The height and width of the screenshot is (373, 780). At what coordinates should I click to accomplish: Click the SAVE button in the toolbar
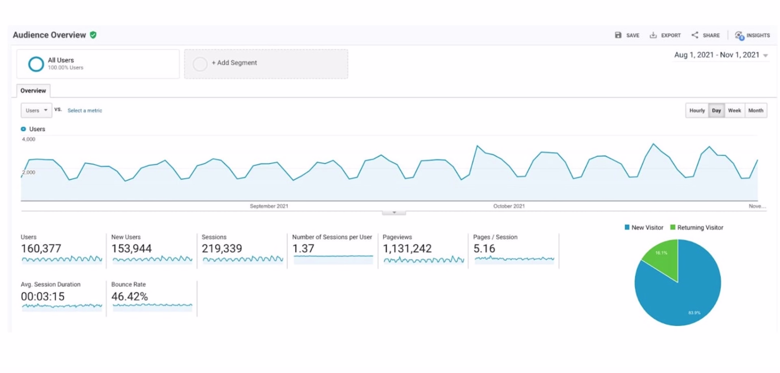tap(627, 35)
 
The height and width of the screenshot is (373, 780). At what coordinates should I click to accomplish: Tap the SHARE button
tap(705, 35)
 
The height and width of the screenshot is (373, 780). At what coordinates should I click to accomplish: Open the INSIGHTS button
tap(752, 35)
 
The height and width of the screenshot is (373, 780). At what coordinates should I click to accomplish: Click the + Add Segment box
tap(266, 64)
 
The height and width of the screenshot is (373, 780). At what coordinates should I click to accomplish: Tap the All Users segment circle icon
tap(36, 64)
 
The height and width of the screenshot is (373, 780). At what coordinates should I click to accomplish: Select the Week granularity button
tap(734, 110)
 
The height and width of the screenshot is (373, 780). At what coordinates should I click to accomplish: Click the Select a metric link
tap(85, 110)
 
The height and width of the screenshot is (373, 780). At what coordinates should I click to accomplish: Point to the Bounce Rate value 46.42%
tap(129, 296)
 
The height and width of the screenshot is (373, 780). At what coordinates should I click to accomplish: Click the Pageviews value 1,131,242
tap(407, 249)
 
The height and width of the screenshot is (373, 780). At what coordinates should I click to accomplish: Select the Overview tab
tap(33, 91)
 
